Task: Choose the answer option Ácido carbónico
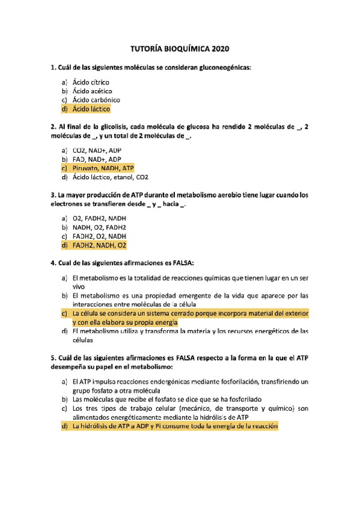pos(96,100)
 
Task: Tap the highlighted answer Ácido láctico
pos(91,109)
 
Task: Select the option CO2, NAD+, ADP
pos(96,150)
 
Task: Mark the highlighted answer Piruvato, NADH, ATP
pos(103,168)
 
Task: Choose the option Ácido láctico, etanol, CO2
pos(110,177)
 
